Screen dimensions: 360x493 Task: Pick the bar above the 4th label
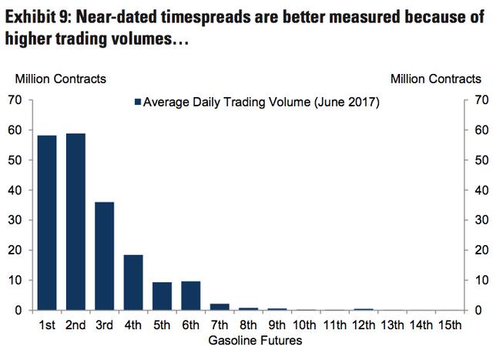133,282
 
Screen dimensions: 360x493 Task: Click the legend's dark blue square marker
138,102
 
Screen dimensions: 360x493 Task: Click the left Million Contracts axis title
60,78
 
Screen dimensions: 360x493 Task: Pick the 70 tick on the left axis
13,99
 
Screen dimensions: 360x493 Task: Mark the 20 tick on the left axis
13,250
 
